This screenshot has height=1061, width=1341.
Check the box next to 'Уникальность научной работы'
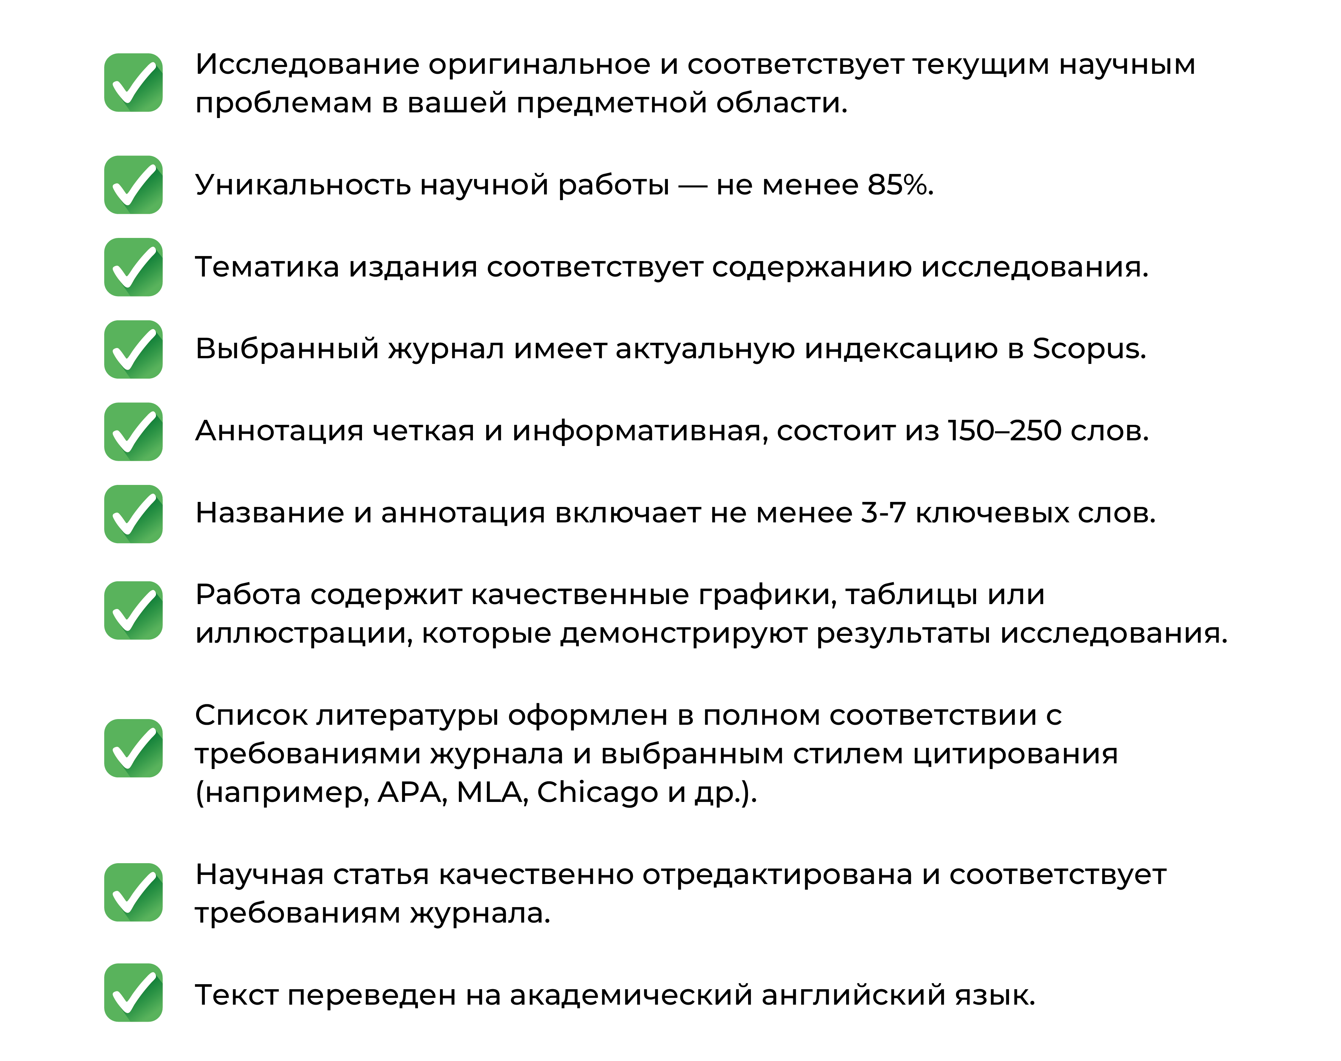click(x=133, y=185)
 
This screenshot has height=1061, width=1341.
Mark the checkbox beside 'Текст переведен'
click(x=133, y=992)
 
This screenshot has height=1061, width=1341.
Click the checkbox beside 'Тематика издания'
click(x=133, y=267)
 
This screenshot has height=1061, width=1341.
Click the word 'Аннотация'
click(x=279, y=432)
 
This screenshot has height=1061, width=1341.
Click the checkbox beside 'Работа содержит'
click(x=133, y=610)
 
